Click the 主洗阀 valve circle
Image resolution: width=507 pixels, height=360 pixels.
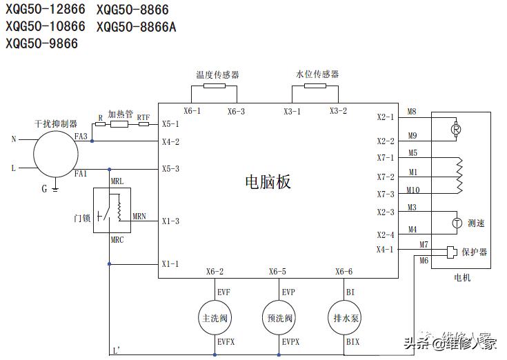coord(214,319)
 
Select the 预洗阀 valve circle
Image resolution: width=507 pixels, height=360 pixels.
coord(279,319)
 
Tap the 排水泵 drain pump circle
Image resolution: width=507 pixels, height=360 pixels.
coord(344,319)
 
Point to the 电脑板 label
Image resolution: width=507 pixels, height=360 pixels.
coord(268,181)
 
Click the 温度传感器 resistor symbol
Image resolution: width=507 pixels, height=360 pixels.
coord(214,87)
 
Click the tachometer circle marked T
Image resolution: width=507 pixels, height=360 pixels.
coord(456,223)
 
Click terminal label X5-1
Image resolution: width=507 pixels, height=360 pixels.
coord(170,124)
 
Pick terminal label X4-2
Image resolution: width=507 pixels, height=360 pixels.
coord(170,142)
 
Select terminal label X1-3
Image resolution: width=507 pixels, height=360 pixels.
coord(170,221)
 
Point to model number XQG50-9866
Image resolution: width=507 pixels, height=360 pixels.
coord(42,43)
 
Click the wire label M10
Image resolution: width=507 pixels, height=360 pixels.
coord(412,190)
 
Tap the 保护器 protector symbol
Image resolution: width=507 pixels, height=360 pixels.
coord(452,252)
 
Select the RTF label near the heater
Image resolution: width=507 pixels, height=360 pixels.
coord(143,118)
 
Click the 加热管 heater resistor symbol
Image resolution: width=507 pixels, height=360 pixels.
coord(119,125)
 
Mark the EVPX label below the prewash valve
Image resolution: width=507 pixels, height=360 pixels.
coord(290,341)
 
